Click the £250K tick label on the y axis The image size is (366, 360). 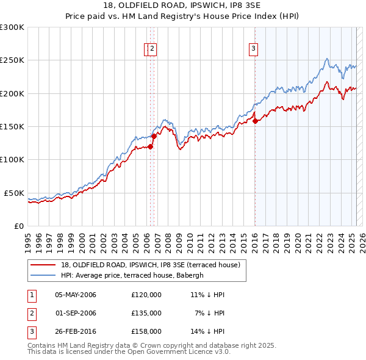[13, 60]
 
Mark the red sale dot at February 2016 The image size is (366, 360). [255, 121]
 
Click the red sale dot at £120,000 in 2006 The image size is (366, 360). [150, 146]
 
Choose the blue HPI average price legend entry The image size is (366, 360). [135, 275]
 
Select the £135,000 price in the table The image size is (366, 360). [146, 313]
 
